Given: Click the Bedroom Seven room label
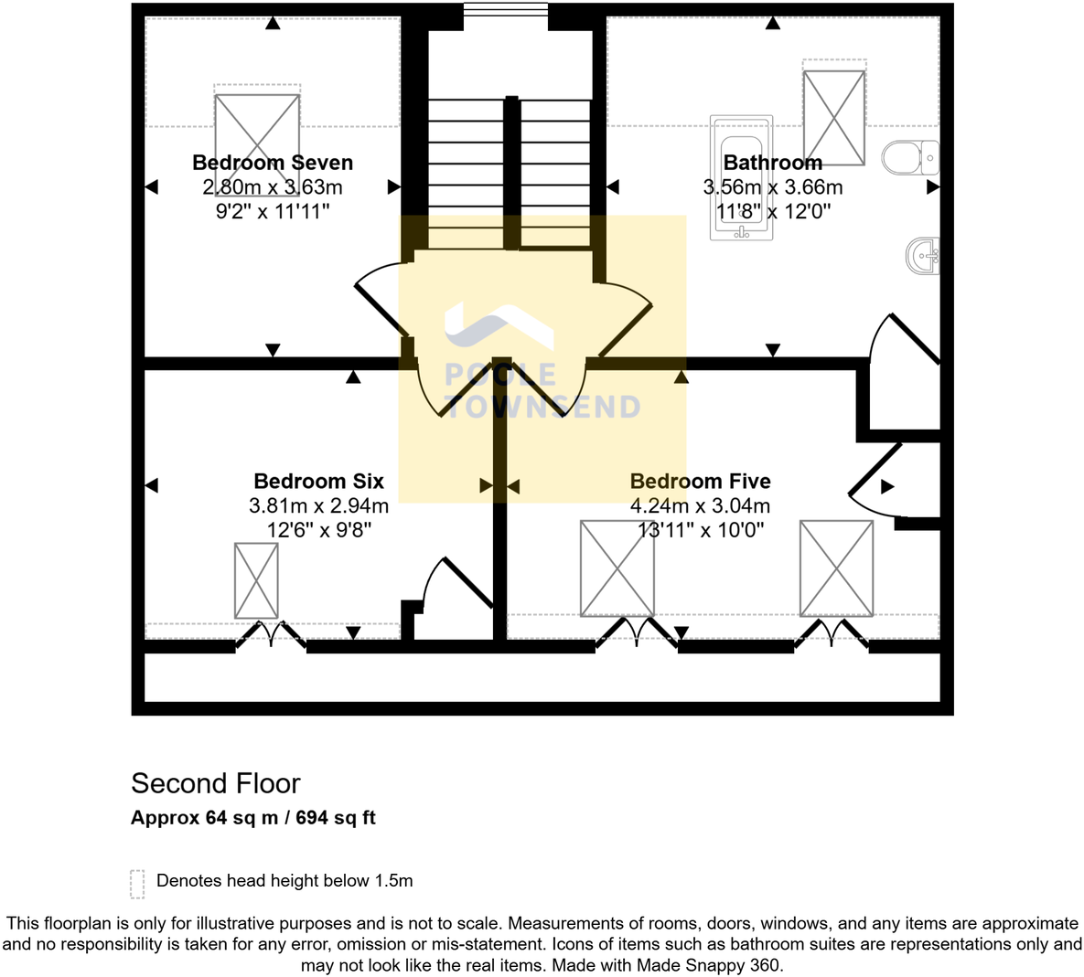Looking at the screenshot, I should [273, 163].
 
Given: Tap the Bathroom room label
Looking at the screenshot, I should [772, 163].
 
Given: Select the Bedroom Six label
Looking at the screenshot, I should [318, 481].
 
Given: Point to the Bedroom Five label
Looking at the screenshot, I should [700, 481].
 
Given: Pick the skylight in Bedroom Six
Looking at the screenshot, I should [256, 580].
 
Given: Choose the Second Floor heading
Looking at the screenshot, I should [216, 783].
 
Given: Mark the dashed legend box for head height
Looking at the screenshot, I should [138, 883].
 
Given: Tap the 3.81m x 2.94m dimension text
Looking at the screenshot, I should [318, 505].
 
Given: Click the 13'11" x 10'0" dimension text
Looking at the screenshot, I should [700, 529].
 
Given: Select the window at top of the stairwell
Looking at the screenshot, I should [505, 10].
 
